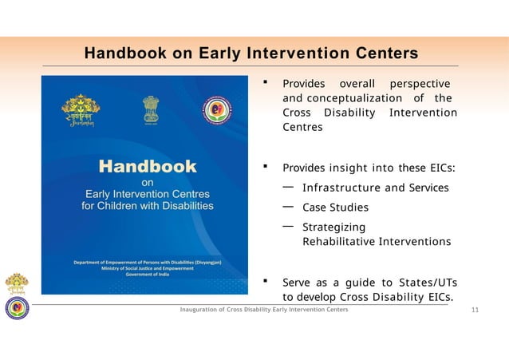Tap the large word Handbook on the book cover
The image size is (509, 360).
(x=147, y=167)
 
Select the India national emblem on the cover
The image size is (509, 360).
(x=150, y=109)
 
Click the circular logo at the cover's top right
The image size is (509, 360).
(x=216, y=110)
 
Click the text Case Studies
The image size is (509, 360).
(x=335, y=208)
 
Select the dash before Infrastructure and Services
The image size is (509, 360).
(x=288, y=187)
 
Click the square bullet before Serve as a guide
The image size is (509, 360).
(x=265, y=282)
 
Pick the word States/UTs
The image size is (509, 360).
(x=431, y=283)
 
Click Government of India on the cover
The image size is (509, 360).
(x=148, y=275)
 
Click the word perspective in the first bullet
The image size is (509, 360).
(x=419, y=84)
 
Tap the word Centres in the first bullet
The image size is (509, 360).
(x=302, y=127)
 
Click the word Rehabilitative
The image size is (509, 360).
(x=338, y=241)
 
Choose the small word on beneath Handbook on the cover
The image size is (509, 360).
(x=148, y=183)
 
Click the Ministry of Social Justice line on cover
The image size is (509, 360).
(x=148, y=269)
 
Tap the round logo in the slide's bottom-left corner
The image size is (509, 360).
(x=16, y=308)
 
